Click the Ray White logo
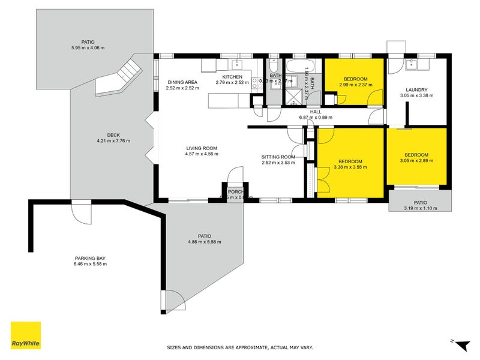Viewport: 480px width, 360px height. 26,335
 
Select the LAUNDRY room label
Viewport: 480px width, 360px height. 416,89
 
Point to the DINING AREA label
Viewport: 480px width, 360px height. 182,82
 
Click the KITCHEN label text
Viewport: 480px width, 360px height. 232,77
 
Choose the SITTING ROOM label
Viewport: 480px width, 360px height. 278,157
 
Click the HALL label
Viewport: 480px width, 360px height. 316,112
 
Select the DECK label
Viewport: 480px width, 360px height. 113,135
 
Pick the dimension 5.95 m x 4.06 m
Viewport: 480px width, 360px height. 88,49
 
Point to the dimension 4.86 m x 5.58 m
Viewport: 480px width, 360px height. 205,242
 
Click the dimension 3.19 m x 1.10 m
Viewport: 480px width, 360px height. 419,208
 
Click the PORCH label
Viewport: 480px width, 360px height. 235,192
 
